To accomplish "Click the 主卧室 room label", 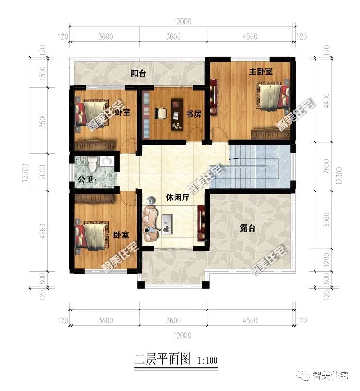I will click(262, 71).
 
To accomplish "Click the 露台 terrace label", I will click(247, 228).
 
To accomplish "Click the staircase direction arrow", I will click(233, 159).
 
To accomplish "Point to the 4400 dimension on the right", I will click(327, 105).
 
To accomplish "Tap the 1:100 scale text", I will click(207, 360).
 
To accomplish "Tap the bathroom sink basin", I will click(108, 161).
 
